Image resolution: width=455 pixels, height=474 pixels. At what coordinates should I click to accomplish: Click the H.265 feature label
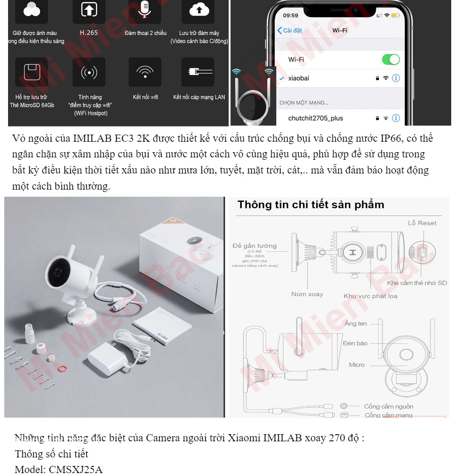tap(89, 33)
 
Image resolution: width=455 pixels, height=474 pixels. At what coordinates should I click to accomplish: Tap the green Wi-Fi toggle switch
tap(391, 60)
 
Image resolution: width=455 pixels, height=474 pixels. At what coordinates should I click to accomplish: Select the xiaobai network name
tap(299, 78)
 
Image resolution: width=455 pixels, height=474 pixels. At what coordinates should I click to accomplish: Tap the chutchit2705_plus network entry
tap(315, 118)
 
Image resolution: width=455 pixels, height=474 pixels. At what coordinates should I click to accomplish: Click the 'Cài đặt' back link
tap(290, 30)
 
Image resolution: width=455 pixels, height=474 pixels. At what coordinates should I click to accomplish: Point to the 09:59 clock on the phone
tap(291, 15)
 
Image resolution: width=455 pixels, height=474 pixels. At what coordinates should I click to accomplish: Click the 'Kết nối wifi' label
tap(145, 97)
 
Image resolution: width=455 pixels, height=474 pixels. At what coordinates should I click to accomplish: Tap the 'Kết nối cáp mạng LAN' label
tap(199, 97)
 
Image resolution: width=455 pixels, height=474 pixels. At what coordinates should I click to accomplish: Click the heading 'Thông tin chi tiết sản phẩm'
tap(310, 205)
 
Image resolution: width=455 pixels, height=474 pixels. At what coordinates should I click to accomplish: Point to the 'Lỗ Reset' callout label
tap(422, 223)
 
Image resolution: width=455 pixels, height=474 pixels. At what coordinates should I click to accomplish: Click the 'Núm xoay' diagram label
tap(307, 294)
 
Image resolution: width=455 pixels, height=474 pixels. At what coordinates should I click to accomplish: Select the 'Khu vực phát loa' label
tap(370, 296)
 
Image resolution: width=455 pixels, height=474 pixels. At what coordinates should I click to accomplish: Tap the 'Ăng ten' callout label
tap(355, 324)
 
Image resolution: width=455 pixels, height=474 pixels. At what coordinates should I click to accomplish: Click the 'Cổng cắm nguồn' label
tap(388, 406)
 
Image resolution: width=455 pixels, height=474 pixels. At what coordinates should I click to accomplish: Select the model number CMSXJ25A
tap(75, 470)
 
